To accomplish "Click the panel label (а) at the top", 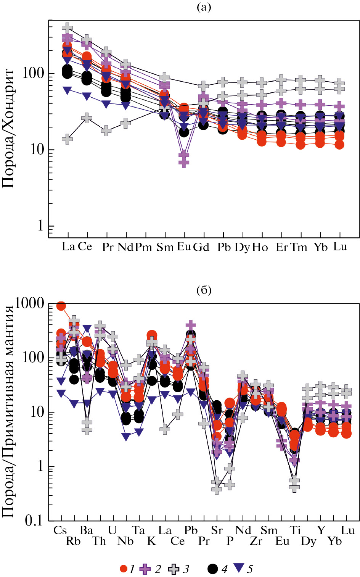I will (204, 7).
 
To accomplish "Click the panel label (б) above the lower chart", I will (204, 290).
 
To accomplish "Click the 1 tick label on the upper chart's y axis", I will (40, 226).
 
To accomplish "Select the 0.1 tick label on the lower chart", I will (34, 521).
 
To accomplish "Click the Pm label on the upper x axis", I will (144, 247).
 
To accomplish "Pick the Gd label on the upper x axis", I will (201, 247).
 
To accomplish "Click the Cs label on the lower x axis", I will (60, 530).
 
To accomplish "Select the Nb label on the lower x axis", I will (125, 541).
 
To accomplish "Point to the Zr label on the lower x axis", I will (256, 541).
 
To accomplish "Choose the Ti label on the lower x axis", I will (295, 530).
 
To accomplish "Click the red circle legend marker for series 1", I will (124, 569).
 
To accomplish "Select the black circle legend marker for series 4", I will (213, 569).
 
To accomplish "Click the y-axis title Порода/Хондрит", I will (8, 128).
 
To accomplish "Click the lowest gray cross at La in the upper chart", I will (67, 139).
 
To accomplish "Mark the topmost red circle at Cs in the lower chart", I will (61, 306).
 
